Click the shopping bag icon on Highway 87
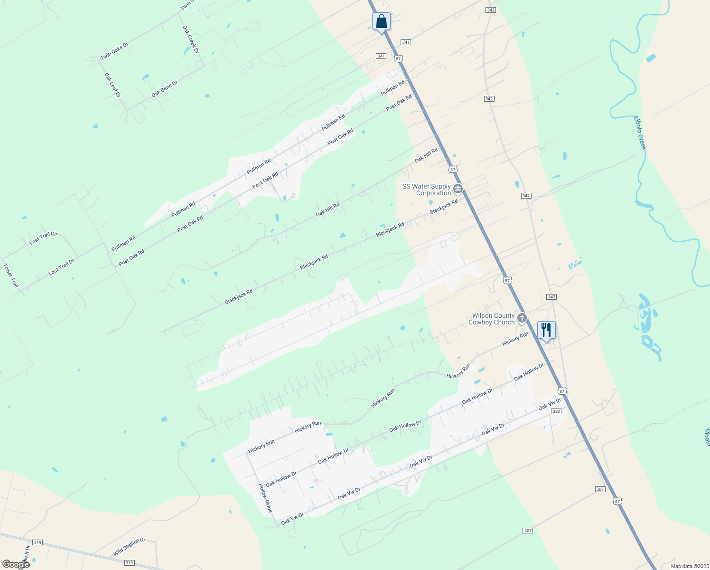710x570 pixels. click(381, 22)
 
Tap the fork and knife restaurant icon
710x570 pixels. click(546, 330)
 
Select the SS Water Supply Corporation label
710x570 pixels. click(427, 190)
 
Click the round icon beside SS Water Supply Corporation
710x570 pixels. click(458, 190)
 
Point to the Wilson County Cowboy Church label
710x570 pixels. click(491, 319)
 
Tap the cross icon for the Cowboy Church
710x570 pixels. click(522, 318)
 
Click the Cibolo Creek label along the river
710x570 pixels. click(641, 133)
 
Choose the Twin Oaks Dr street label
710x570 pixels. click(114, 51)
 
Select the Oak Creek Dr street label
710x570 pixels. click(191, 39)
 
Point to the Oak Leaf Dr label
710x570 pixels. click(112, 85)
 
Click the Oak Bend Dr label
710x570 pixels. click(164, 89)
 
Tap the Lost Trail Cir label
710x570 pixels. click(43, 238)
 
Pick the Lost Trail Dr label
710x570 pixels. click(61, 267)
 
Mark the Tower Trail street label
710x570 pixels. click(11, 275)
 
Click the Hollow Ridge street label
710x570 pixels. click(265, 498)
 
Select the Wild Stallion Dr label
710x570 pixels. click(129, 547)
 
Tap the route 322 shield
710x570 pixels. click(557, 411)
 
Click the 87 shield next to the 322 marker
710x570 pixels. click(562, 391)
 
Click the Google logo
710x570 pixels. click(16, 564)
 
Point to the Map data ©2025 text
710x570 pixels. click(689, 566)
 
